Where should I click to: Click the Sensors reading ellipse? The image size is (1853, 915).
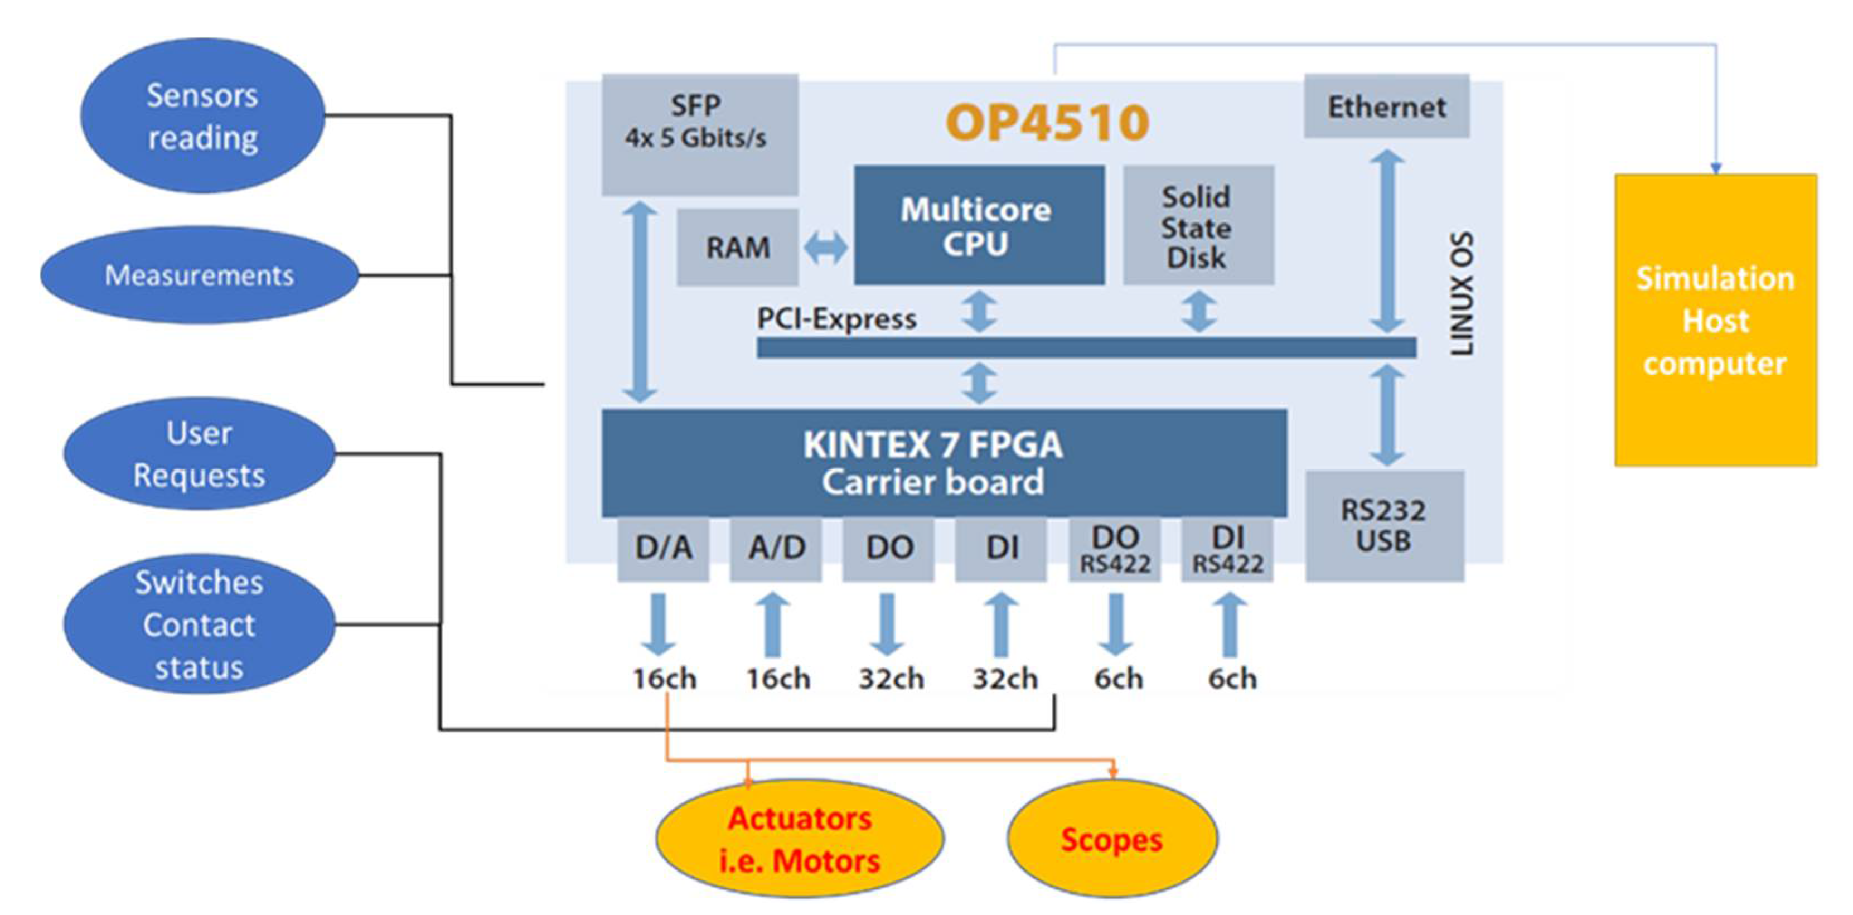tap(202, 116)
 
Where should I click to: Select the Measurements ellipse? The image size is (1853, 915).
tap(199, 275)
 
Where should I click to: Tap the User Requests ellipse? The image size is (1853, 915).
tap(199, 454)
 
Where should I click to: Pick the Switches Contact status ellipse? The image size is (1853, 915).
tap(199, 624)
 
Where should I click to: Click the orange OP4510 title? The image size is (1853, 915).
tap(1047, 122)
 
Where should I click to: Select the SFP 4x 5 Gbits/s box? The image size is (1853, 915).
tap(699, 134)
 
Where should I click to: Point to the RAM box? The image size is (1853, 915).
tap(737, 248)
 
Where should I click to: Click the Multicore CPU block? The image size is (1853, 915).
tap(978, 225)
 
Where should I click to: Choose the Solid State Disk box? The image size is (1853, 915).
tap(1198, 226)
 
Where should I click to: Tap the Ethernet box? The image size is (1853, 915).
tap(1386, 106)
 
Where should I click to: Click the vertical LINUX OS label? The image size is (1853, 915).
tap(1461, 293)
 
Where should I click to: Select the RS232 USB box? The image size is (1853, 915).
tap(1384, 526)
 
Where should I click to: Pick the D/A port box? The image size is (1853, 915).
tap(662, 549)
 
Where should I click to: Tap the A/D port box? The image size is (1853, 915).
tap(776, 549)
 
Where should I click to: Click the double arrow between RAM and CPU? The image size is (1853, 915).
tap(825, 248)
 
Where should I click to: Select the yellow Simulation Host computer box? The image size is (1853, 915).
tap(1715, 320)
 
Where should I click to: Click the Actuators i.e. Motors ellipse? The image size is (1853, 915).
tap(799, 839)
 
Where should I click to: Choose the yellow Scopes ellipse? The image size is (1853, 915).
tap(1111, 839)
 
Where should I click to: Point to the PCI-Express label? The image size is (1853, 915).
tap(836, 319)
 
